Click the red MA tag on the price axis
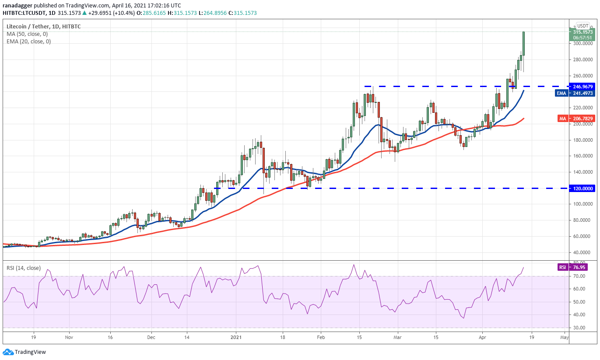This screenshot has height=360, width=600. click(562, 119)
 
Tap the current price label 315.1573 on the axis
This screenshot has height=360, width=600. click(583, 32)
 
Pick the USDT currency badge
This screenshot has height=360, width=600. click(582, 26)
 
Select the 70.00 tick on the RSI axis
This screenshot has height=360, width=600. click(580, 276)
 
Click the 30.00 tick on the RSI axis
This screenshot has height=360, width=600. click(580, 328)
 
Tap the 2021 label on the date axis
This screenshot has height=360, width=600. click(236, 338)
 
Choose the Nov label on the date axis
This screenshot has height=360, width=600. click(69, 338)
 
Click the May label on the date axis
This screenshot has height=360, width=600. click(564, 338)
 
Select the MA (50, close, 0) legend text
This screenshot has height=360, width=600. click(27, 34)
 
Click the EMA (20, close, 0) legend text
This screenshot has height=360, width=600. click(28, 42)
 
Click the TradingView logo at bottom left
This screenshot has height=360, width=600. click(25, 352)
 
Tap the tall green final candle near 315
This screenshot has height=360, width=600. click(523, 44)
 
